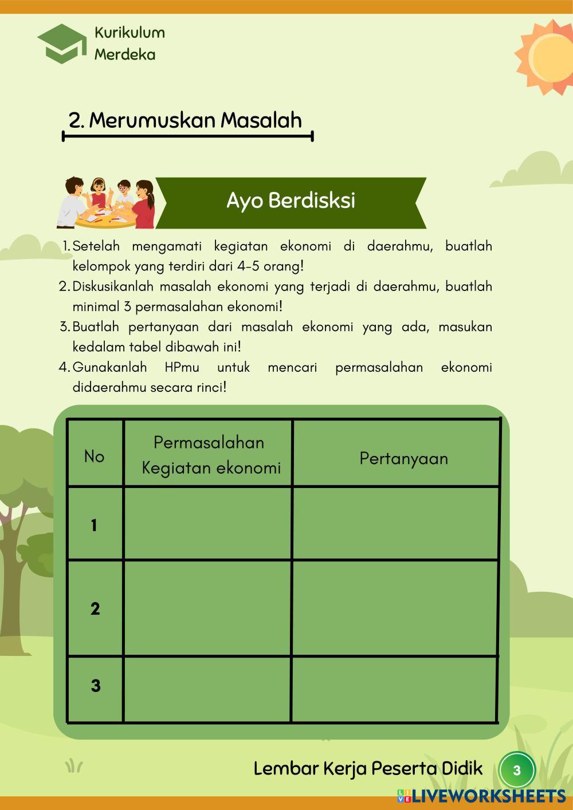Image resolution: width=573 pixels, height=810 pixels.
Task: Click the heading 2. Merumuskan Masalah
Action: pyautogui.click(x=185, y=120)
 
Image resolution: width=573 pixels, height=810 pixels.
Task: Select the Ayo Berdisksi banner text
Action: pyautogui.click(x=291, y=201)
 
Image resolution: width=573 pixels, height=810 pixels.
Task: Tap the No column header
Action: pyautogui.click(x=95, y=457)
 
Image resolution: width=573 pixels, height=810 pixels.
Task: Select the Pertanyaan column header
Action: pyautogui.click(x=403, y=458)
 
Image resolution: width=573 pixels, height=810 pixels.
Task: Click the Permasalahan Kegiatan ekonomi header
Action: pyautogui.click(x=210, y=455)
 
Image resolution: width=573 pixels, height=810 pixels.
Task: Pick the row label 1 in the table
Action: pyautogui.click(x=94, y=525)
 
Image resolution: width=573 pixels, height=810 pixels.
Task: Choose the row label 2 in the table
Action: pyautogui.click(x=95, y=609)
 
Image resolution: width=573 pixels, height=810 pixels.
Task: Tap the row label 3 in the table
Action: pyautogui.click(x=96, y=686)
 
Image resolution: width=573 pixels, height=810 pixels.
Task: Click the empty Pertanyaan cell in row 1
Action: pyautogui.click(x=395, y=523)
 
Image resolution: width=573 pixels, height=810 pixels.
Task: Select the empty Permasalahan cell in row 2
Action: pyautogui.click(x=207, y=608)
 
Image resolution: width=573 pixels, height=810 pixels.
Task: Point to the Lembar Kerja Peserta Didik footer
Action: pyautogui.click(x=368, y=769)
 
